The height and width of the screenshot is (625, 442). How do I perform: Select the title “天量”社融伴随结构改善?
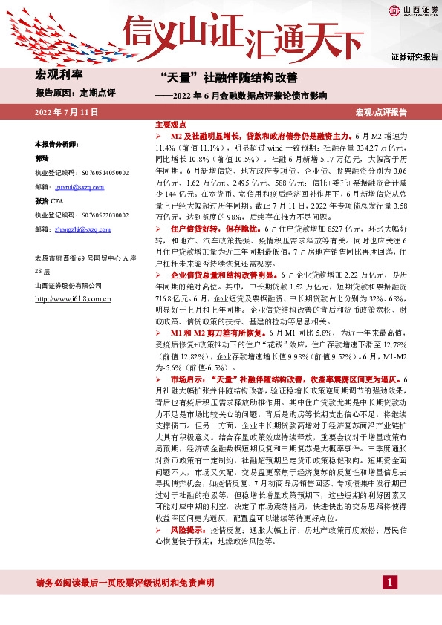[x=229, y=77]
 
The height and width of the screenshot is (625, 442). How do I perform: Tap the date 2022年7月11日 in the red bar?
[x=65, y=112]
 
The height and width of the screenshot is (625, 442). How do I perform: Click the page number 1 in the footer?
[x=388, y=583]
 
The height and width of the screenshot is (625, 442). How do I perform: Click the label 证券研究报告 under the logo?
[x=414, y=56]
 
